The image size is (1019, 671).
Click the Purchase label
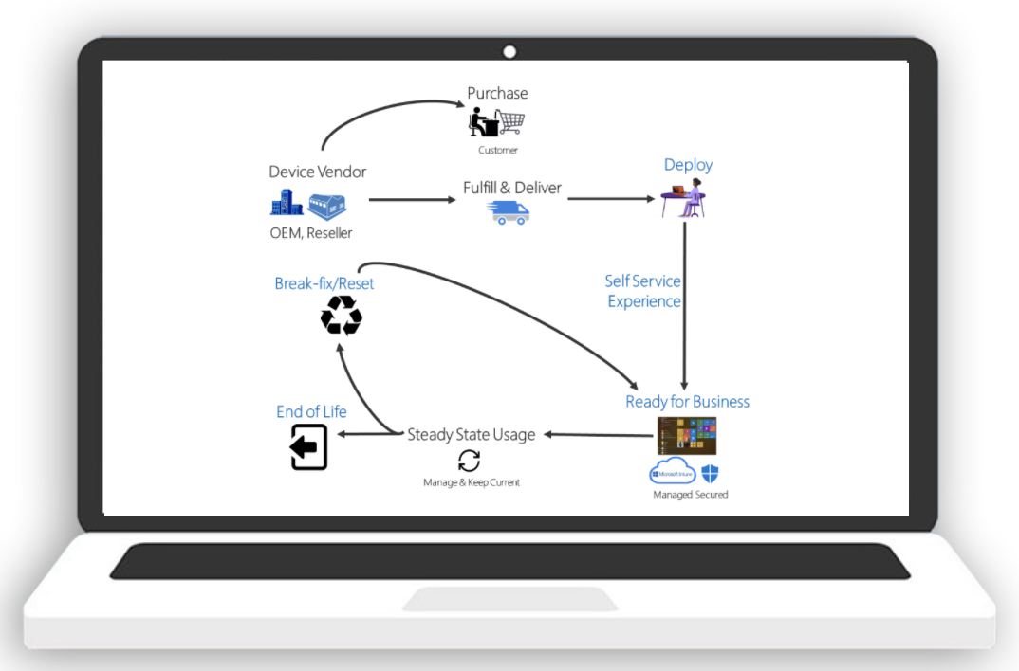pyautogui.click(x=497, y=93)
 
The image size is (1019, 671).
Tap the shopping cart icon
pyautogui.click(x=512, y=122)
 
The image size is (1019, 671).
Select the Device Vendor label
pyautogui.click(x=317, y=172)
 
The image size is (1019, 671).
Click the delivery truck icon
pyautogui.click(x=509, y=212)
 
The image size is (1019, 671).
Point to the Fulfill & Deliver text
pyautogui.click(x=512, y=188)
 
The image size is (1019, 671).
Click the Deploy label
pyautogui.click(x=688, y=165)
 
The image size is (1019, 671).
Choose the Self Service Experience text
pyautogui.click(x=644, y=291)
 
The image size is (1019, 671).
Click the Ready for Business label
pyautogui.click(x=687, y=402)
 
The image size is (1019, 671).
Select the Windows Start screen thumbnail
pyautogui.click(x=686, y=436)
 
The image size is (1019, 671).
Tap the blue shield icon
pyautogui.click(x=710, y=473)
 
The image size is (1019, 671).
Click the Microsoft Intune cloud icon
pyautogui.click(x=672, y=472)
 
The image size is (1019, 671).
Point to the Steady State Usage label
pyautogui.click(x=472, y=435)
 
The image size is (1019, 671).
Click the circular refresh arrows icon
pyautogui.click(x=470, y=461)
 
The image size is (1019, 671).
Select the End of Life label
pyautogui.click(x=311, y=411)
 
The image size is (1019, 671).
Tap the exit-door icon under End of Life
pyautogui.click(x=308, y=447)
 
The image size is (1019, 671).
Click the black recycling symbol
pyautogui.click(x=342, y=316)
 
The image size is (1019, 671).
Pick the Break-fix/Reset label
pyautogui.click(x=324, y=283)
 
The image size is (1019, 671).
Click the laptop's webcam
pyautogui.click(x=509, y=51)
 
